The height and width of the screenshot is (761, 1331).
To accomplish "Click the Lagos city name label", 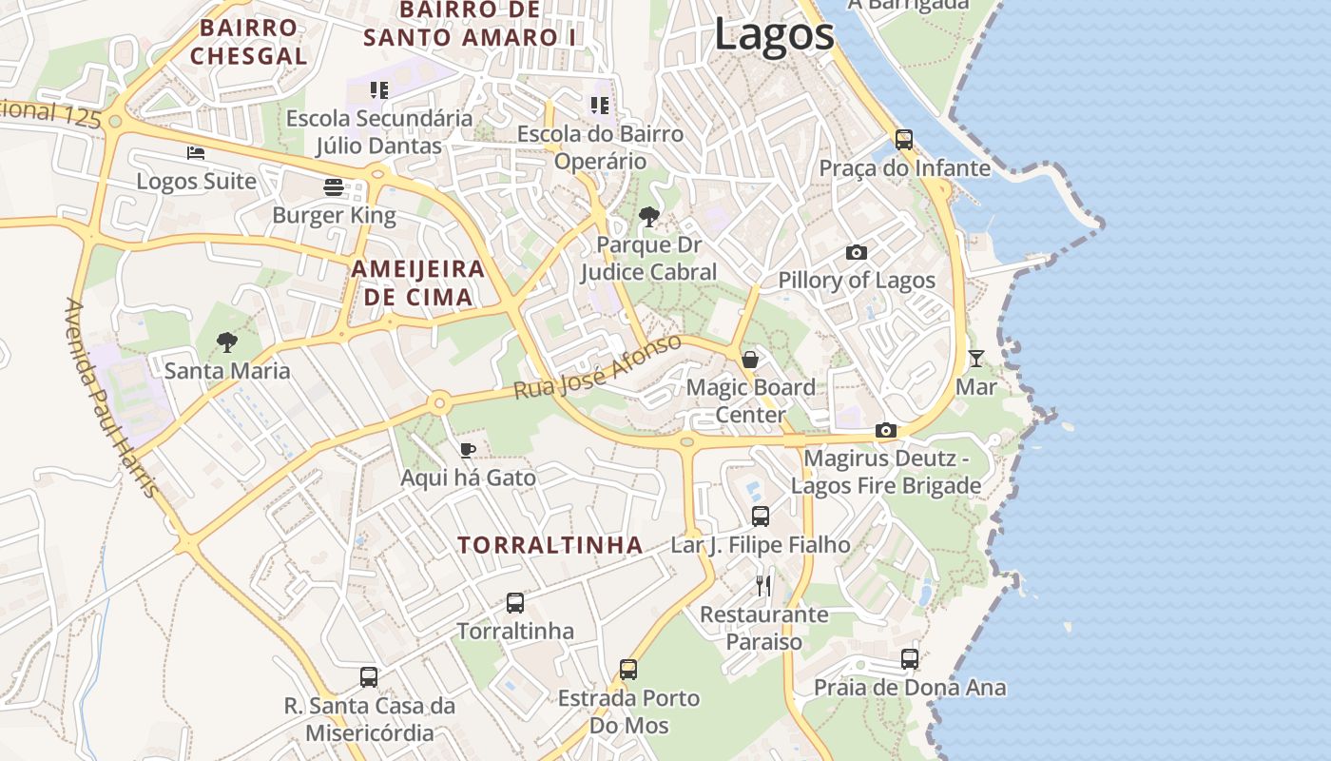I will point(774,34).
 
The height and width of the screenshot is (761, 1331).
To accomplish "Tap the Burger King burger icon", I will point(333,186).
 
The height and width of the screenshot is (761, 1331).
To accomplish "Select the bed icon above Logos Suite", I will point(196,152).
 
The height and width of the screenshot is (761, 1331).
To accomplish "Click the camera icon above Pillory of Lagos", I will point(857,252).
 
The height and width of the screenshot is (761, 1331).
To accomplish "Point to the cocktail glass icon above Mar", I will point(976,359).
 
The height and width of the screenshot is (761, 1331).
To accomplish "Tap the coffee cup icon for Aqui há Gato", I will point(467,450).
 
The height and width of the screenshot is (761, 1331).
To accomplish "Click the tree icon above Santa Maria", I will point(226,341).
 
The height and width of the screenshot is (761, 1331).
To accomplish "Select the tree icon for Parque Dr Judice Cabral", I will point(649,217).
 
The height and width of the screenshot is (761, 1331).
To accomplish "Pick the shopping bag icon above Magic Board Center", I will point(750,359).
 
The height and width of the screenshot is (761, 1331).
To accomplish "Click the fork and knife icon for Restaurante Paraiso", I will point(763,585).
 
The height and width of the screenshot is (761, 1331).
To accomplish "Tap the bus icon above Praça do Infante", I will point(904,140).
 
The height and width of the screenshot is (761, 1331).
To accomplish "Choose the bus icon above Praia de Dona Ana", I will point(910,658).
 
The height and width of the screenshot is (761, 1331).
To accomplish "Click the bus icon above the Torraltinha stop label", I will point(515,602).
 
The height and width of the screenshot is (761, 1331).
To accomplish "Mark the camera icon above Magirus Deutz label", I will point(886,430).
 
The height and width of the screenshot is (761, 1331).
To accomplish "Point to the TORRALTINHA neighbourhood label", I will point(550,545).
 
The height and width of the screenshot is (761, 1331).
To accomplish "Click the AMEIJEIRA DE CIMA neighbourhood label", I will point(418,283).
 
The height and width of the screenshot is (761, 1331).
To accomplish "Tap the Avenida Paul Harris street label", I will point(110,398).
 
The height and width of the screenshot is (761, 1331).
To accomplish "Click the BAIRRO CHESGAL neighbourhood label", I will point(248,42).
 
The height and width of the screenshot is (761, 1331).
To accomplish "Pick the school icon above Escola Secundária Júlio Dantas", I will point(379,90).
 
